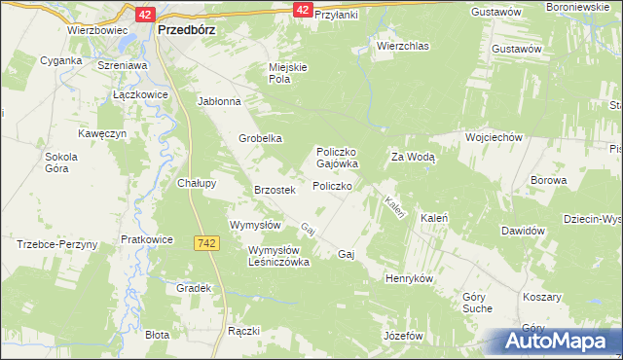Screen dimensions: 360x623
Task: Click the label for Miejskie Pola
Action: click(288, 73)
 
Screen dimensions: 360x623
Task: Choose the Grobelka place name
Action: click(261, 138)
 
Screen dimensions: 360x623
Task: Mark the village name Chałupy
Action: click(196, 182)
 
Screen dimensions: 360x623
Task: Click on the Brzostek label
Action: click(274, 190)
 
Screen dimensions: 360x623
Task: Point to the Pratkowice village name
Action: click(147, 238)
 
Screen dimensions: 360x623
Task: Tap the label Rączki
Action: click(243, 331)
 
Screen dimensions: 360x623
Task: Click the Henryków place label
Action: click(409, 277)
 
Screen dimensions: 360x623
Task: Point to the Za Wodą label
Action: click(413, 156)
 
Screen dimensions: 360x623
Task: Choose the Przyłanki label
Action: click(337, 16)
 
